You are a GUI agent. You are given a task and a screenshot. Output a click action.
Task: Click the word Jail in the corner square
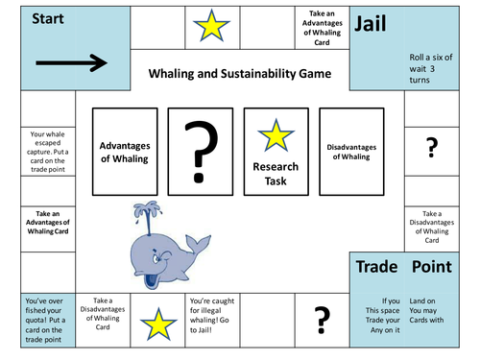tap(375, 24)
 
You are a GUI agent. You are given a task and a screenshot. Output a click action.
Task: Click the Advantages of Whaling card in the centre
tap(124, 152)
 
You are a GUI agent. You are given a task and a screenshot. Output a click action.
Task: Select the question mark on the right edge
tap(432, 146)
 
